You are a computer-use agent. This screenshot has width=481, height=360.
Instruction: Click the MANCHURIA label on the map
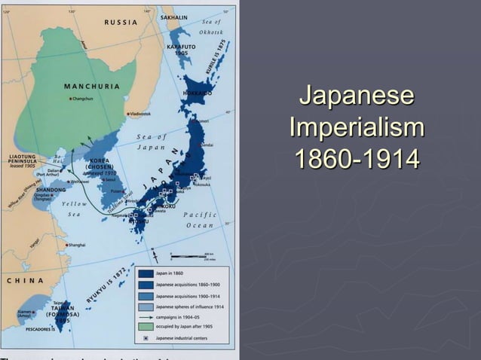point(92,86)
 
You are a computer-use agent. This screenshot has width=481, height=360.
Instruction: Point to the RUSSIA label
point(121,22)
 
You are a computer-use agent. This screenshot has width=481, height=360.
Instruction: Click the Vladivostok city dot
point(129,114)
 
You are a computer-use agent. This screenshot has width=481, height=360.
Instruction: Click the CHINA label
point(24,280)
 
